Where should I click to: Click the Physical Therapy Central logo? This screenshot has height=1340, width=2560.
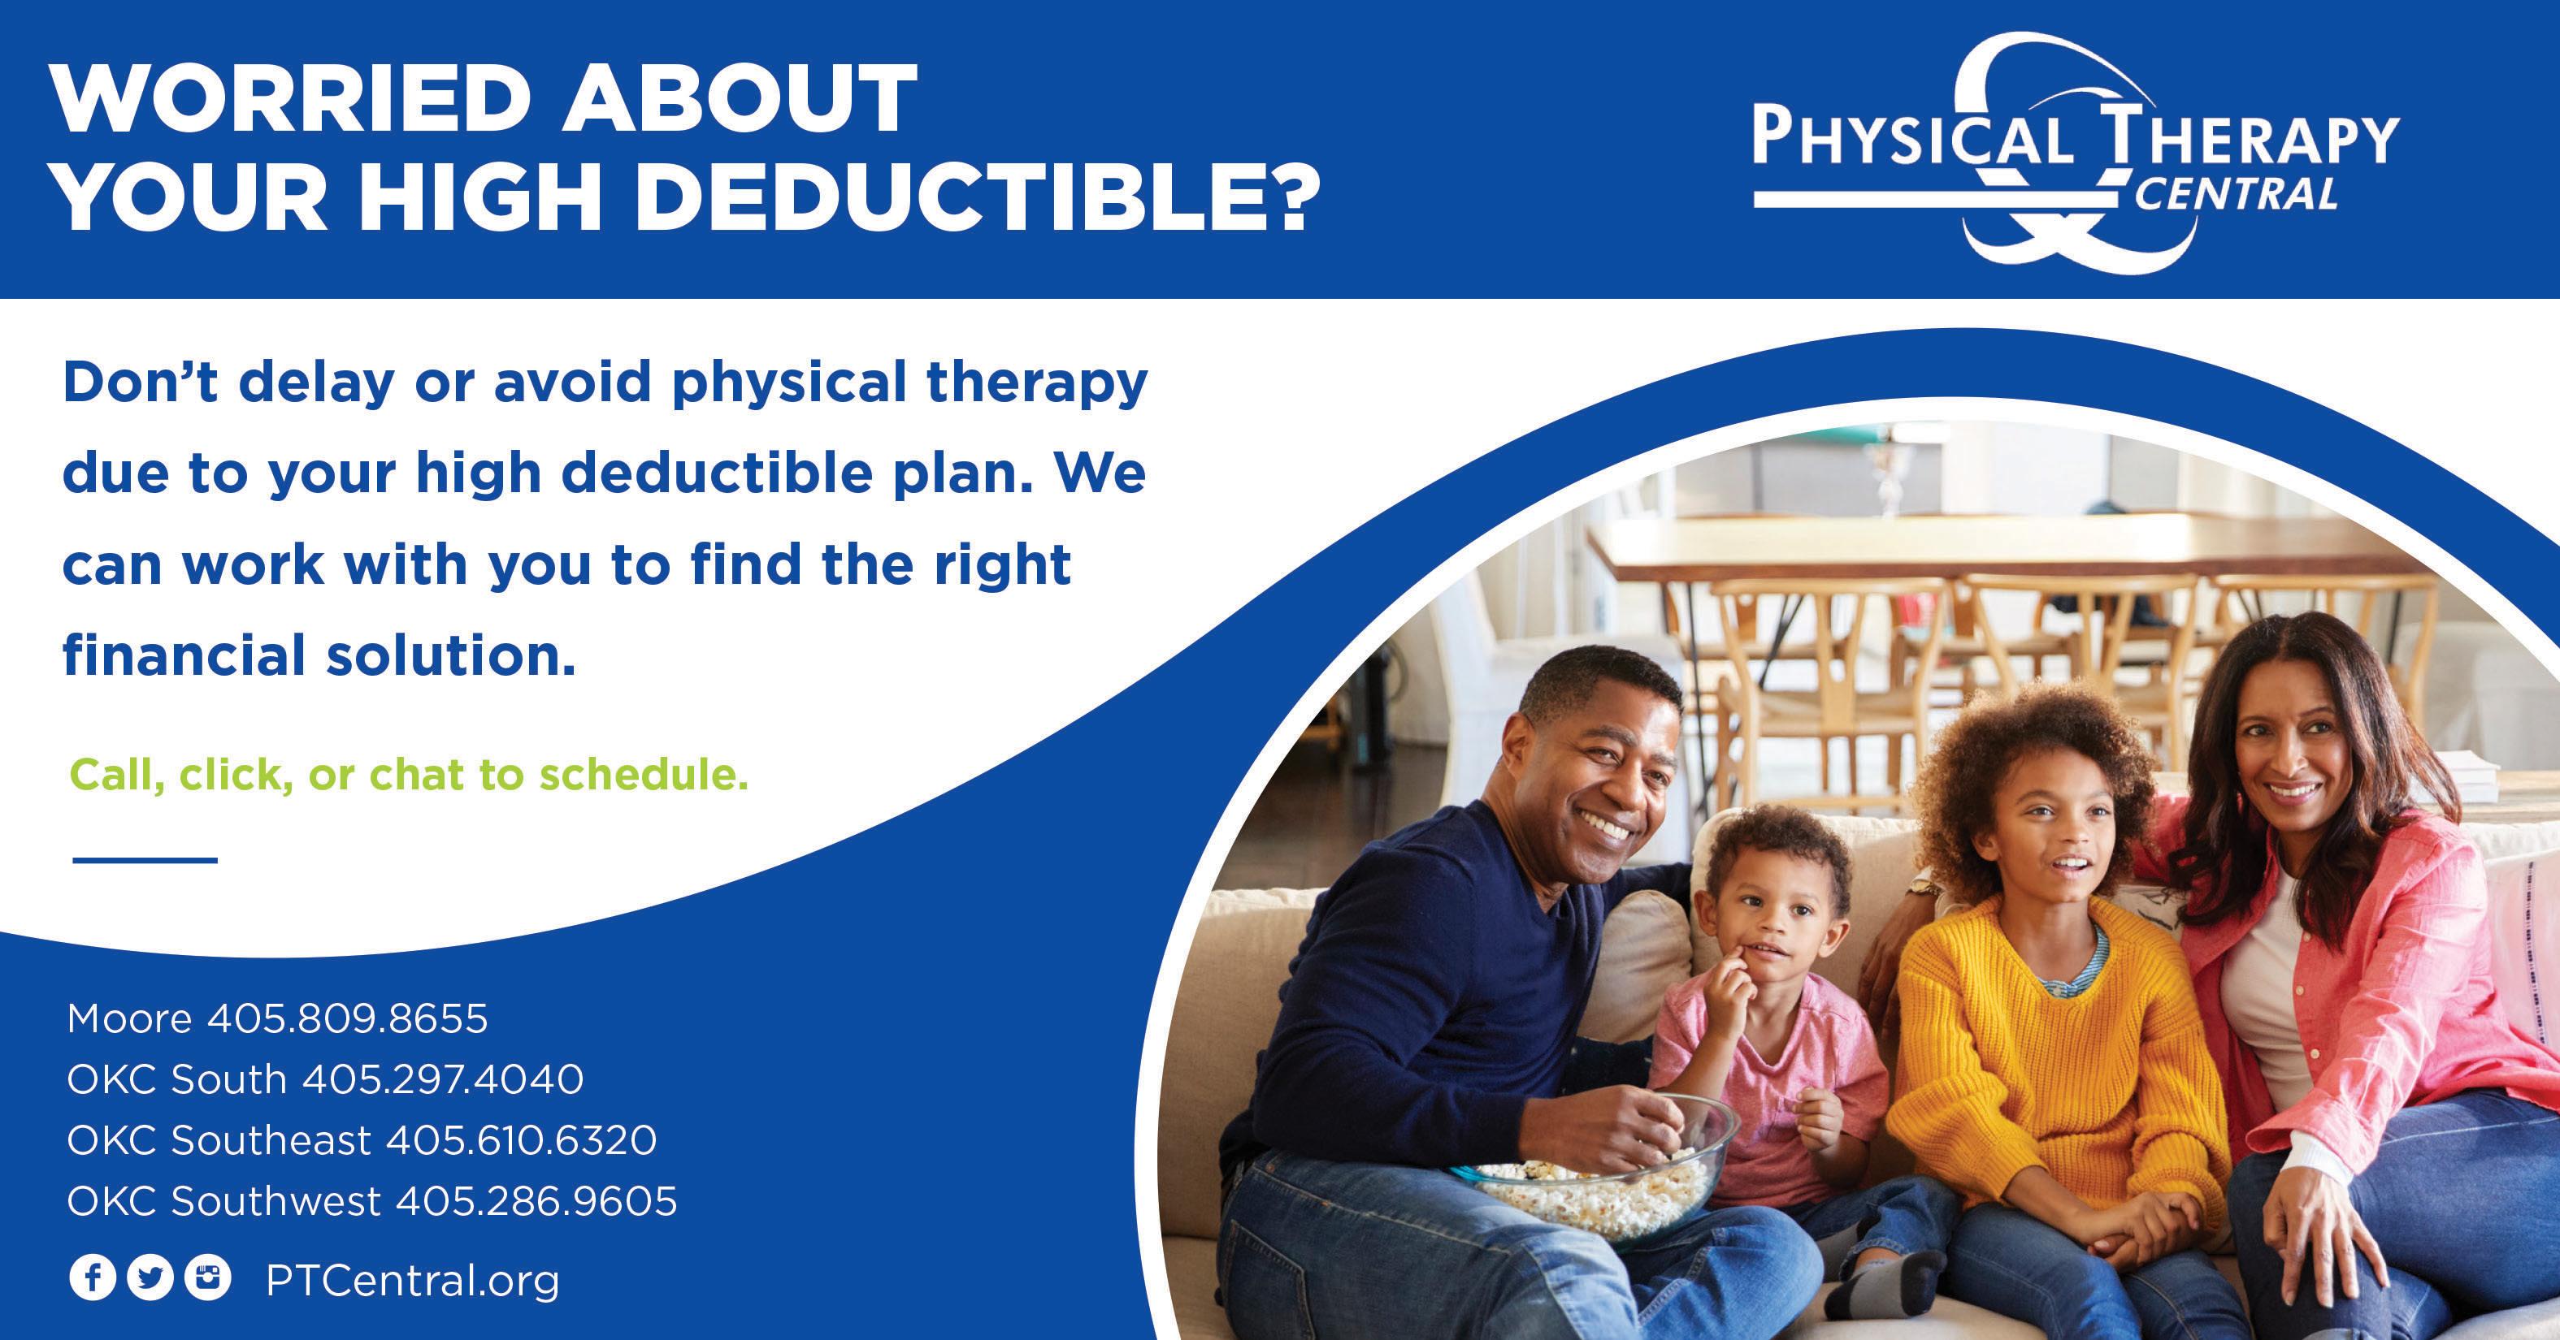[x=2076, y=155]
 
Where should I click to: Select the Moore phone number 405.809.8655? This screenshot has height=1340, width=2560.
[x=347, y=1018]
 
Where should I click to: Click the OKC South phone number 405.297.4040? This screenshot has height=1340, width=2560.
[x=443, y=1080]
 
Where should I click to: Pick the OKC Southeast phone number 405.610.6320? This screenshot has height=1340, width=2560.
[x=522, y=1140]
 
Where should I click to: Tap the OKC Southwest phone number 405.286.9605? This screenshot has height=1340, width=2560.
[x=536, y=1202]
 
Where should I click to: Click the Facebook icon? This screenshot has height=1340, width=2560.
[x=93, y=1278]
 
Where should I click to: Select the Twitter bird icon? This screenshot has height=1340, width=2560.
[x=150, y=1278]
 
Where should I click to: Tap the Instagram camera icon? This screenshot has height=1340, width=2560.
[x=208, y=1278]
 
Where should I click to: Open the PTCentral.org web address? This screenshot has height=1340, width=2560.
[x=412, y=1282]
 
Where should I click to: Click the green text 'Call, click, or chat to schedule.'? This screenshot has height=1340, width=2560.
[x=409, y=776]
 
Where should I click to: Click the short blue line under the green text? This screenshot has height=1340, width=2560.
[x=145, y=860]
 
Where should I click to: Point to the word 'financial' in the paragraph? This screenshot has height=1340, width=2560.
[x=183, y=655]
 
